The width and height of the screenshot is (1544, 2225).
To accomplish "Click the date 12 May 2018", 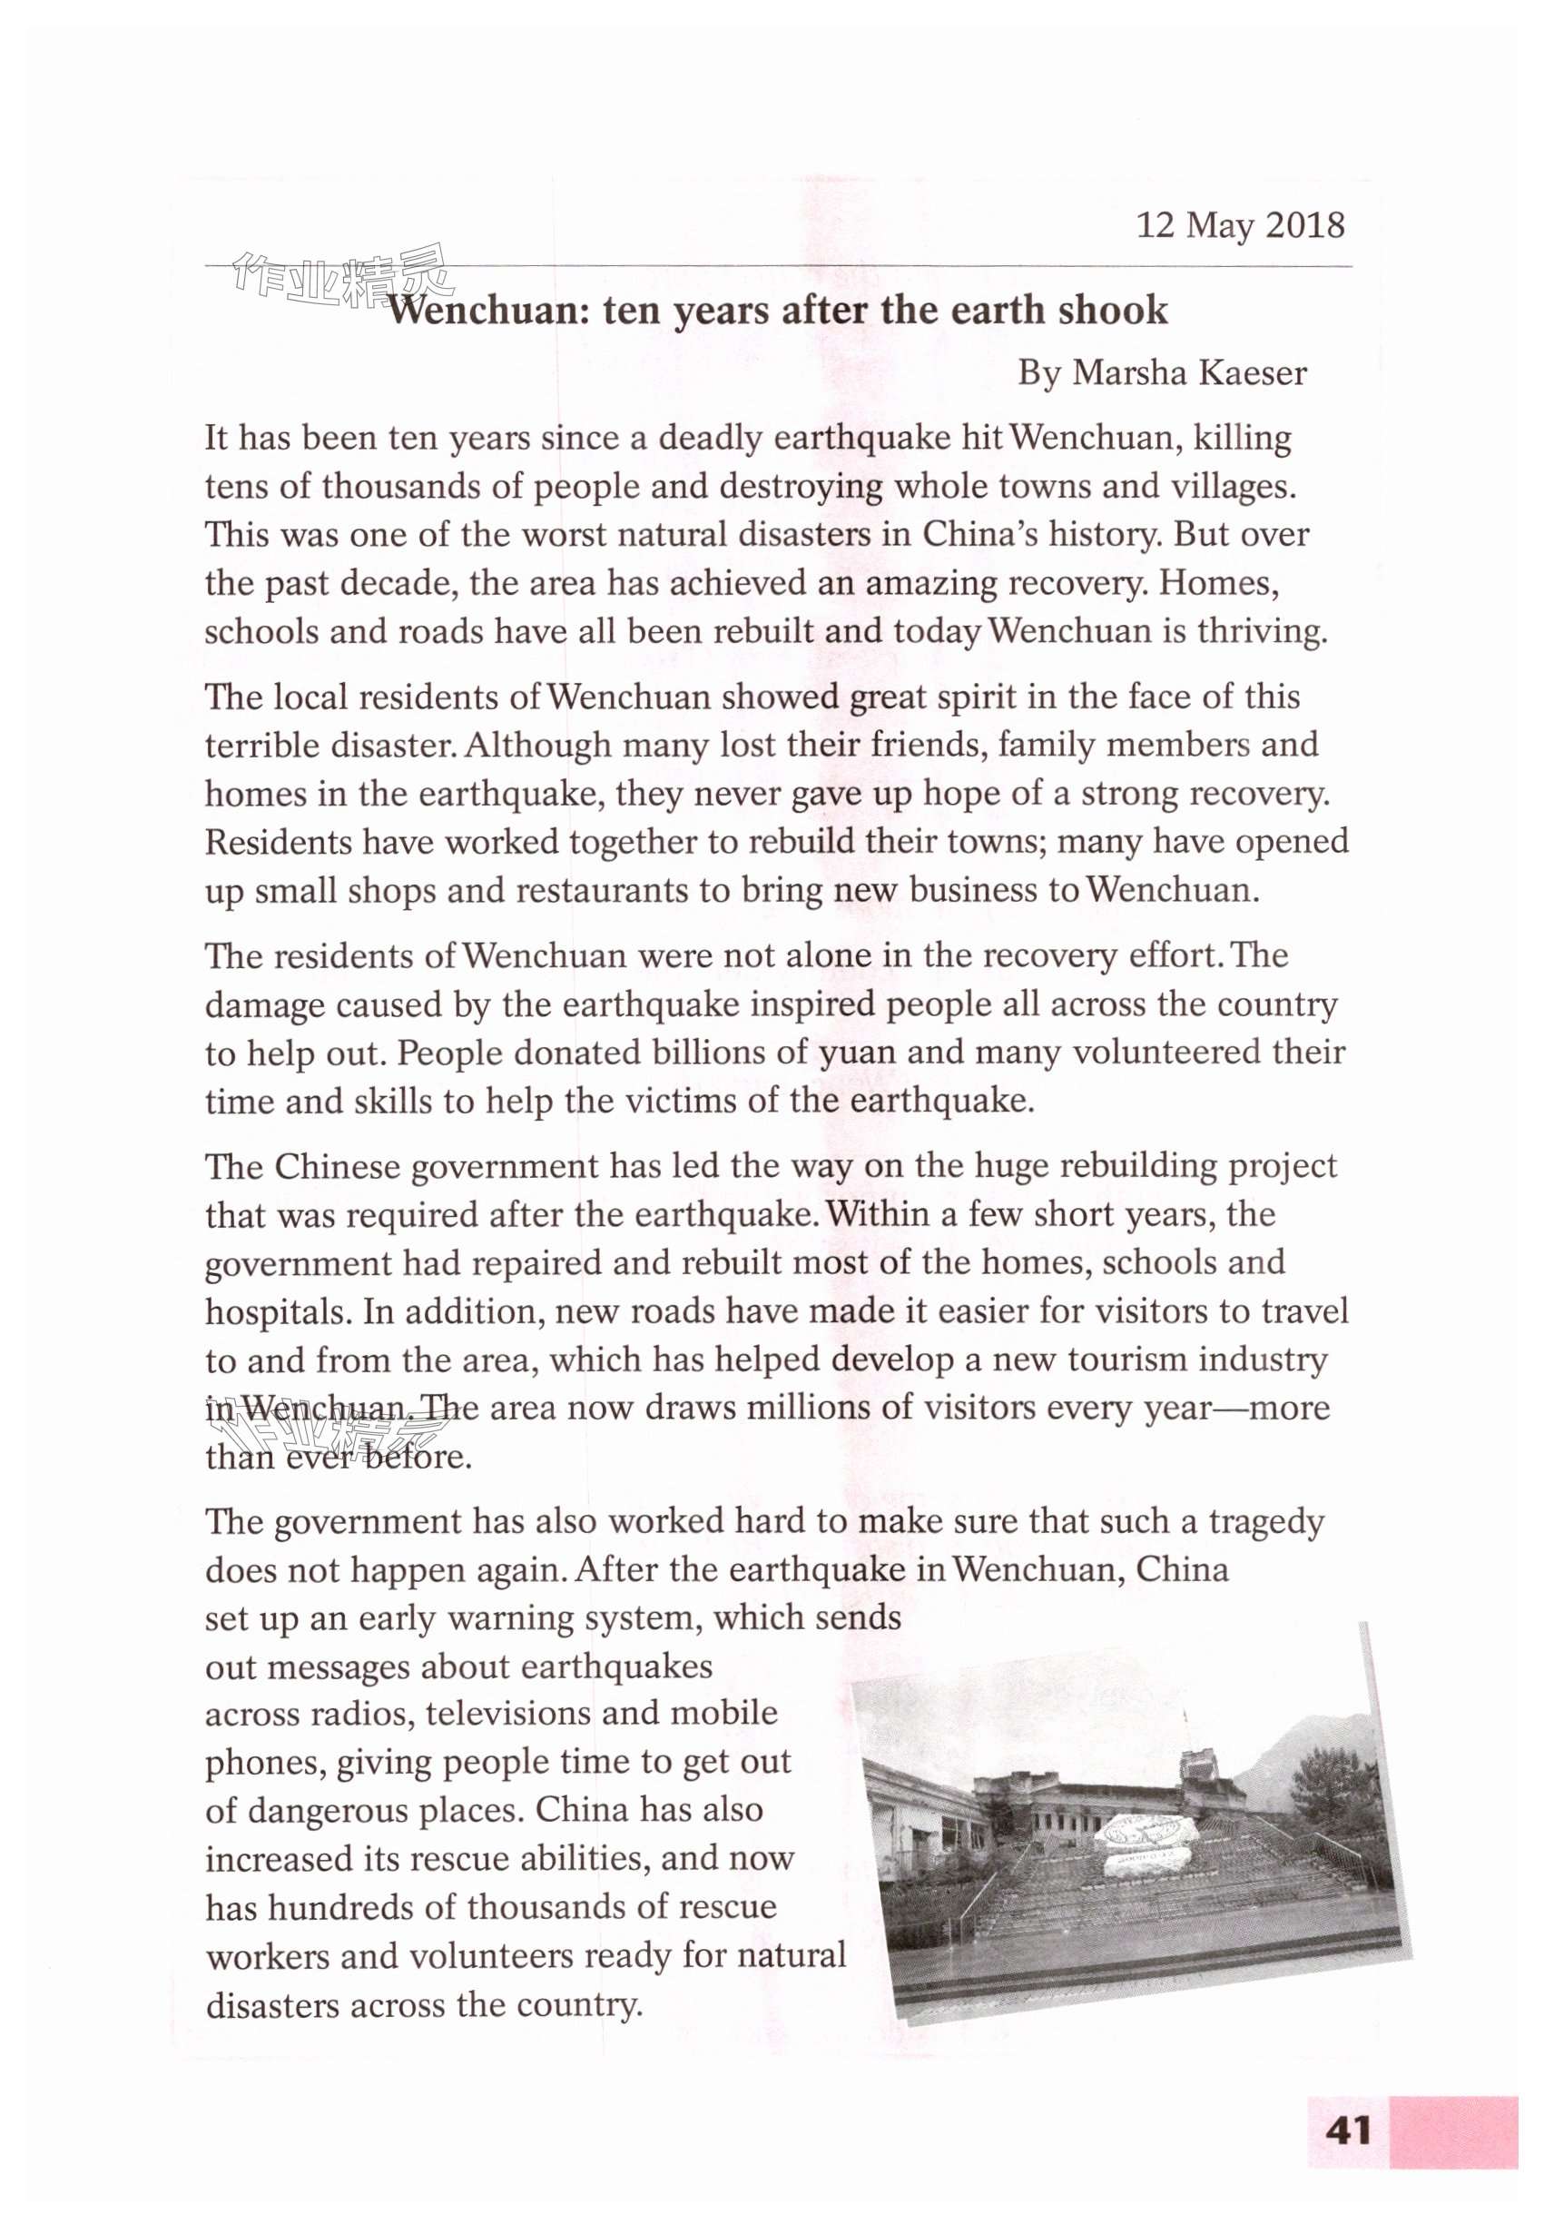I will (1239, 225).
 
